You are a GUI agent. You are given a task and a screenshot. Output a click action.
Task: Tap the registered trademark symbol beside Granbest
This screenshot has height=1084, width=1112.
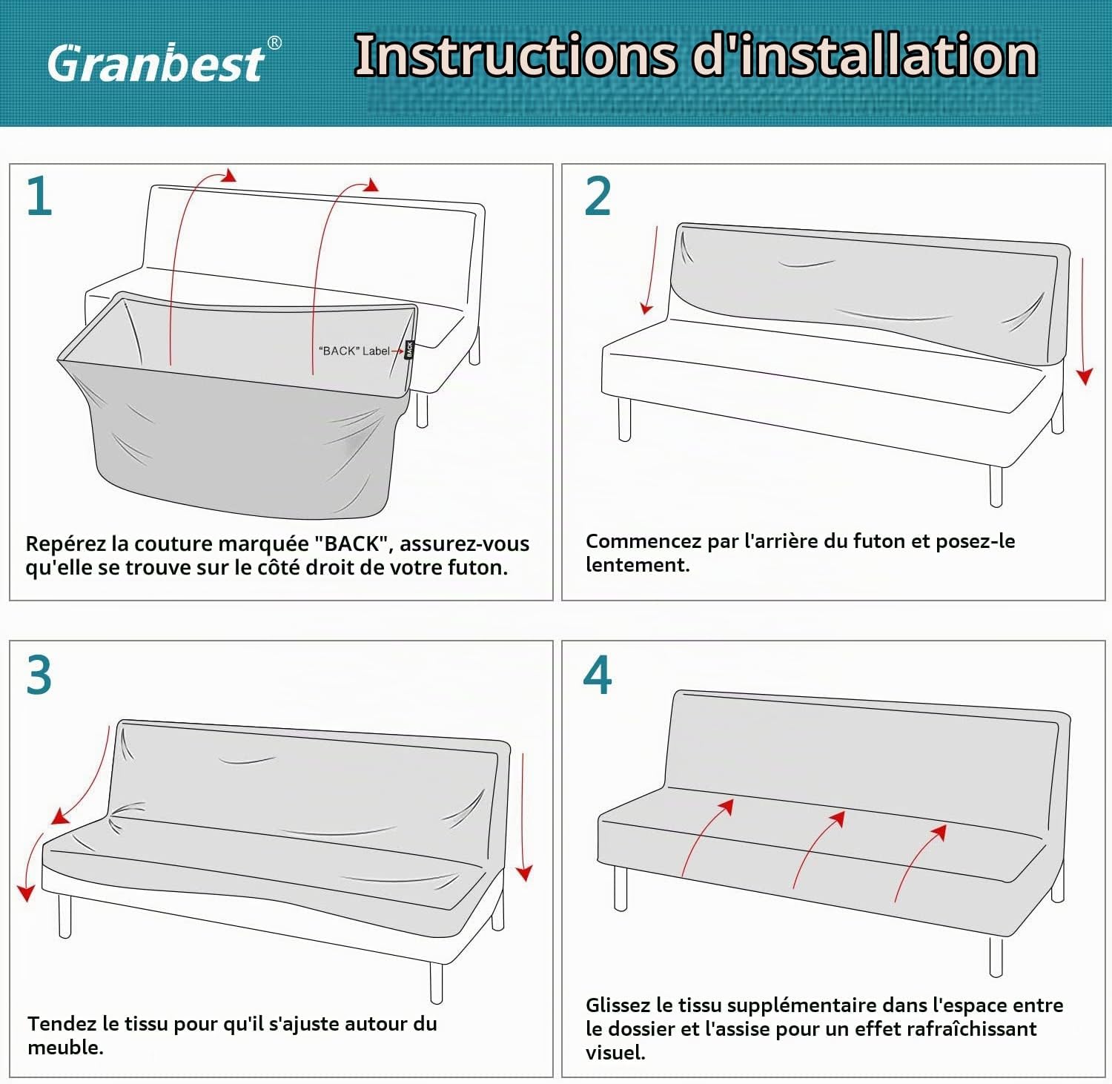(274, 43)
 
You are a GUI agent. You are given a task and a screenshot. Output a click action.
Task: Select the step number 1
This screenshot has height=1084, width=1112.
(39, 196)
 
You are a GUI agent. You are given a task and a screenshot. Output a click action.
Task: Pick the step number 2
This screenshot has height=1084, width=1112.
(598, 196)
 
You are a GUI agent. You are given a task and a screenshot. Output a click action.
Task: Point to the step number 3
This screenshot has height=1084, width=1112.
(39, 675)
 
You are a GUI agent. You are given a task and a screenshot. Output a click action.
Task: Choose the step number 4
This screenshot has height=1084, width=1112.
(598, 675)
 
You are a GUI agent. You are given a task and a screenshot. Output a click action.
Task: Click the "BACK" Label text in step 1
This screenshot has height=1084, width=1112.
(354, 351)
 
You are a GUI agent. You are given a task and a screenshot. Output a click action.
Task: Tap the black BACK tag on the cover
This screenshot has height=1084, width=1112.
(409, 349)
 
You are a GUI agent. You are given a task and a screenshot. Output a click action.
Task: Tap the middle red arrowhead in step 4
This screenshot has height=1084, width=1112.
(838, 819)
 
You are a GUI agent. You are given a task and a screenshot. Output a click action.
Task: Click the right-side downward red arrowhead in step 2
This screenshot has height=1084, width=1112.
(1085, 377)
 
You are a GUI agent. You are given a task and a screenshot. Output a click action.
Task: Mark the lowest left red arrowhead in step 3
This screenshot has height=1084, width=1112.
(27, 892)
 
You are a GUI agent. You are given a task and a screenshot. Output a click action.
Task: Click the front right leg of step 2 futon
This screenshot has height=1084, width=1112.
(996, 486)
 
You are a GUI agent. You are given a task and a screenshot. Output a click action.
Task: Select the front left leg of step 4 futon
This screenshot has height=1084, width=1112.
(621, 888)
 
